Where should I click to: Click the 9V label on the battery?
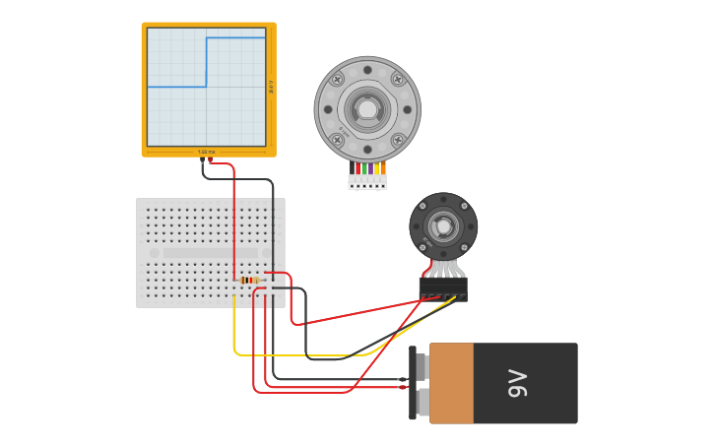click(x=519, y=384)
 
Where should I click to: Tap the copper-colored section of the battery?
click(x=452, y=383)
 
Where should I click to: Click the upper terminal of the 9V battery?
click(x=421, y=367)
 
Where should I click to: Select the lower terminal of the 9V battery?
click(x=421, y=401)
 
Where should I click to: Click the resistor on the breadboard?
click(x=250, y=281)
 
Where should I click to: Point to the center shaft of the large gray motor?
click(x=367, y=108)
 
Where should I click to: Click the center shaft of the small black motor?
click(x=443, y=227)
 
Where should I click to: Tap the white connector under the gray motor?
click(x=367, y=182)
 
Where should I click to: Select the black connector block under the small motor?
click(x=443, y=287)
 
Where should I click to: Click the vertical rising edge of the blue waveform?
click(x=206, y=62)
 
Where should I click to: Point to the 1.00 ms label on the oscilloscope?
click(x=207, y=152)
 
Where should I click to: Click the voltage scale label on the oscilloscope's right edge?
click(x=271, y=87)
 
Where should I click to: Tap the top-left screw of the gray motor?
click(x=338, y=79)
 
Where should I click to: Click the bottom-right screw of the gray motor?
click(x=398, y=140)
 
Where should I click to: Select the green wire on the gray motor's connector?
click(x=364, y=168)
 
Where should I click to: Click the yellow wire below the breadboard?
click(x=295, y=354)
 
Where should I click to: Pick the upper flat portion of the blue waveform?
click(x=236, y=37)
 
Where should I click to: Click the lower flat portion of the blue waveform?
click(x=177, y=87)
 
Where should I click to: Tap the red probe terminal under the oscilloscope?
click(x=210, y=160)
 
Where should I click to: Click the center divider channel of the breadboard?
click(x=210, y=253)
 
